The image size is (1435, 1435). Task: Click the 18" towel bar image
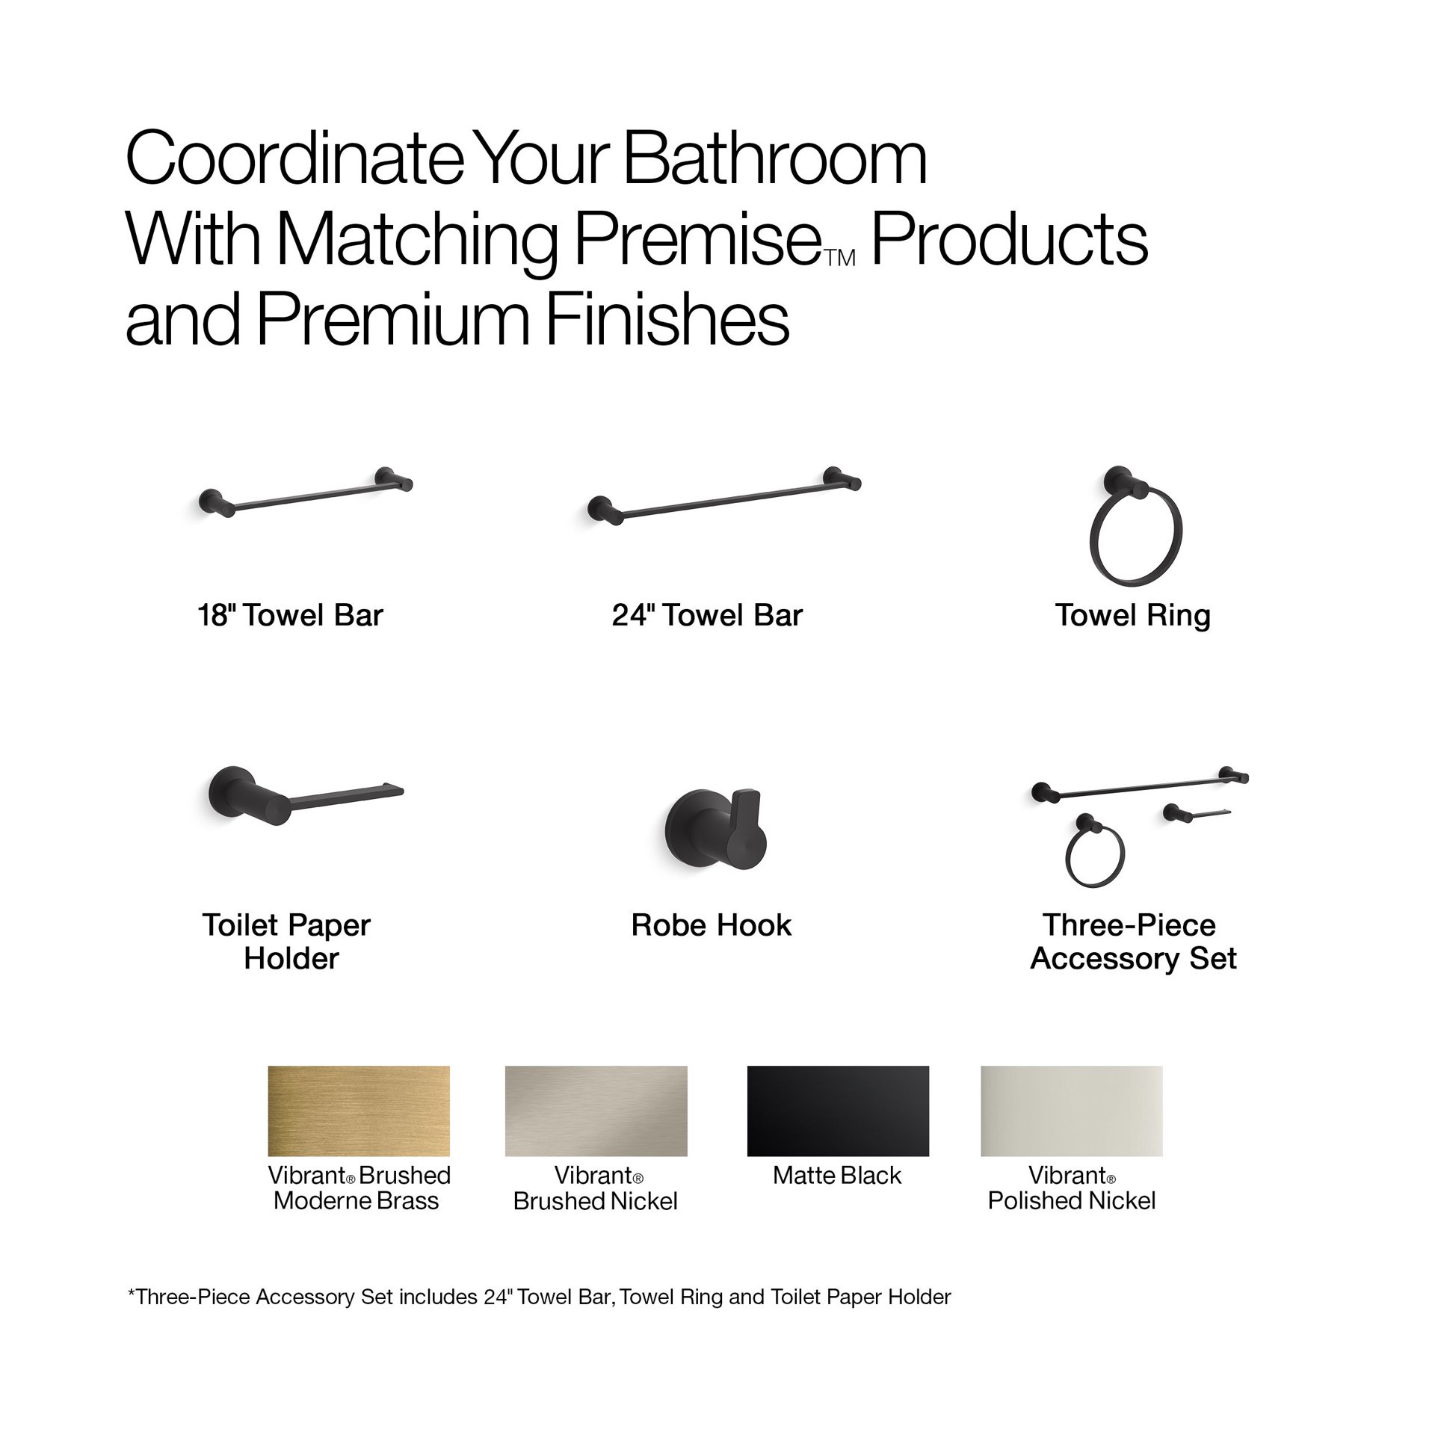tap(305, 494)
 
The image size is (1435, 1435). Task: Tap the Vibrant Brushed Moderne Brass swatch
tap(359, 1111)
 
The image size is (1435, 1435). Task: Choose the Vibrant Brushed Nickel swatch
tap(596, 1111)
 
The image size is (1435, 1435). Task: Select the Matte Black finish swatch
tap(838, 1111)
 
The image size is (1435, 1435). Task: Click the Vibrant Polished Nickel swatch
tap(1071, 1111)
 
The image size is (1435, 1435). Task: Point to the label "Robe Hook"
tap(711, 925)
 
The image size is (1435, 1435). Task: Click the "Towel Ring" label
tap(1132, 615)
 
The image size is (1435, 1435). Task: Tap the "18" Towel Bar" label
tap(290, 615)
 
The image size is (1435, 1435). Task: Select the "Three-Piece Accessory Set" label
tap(1132, 942)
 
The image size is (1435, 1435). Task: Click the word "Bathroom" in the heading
tap(774, 158)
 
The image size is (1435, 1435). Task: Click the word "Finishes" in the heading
tap(667, 319)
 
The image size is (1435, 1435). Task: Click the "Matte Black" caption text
tap(837, 1176)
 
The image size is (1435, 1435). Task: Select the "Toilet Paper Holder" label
tap(288, 942)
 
